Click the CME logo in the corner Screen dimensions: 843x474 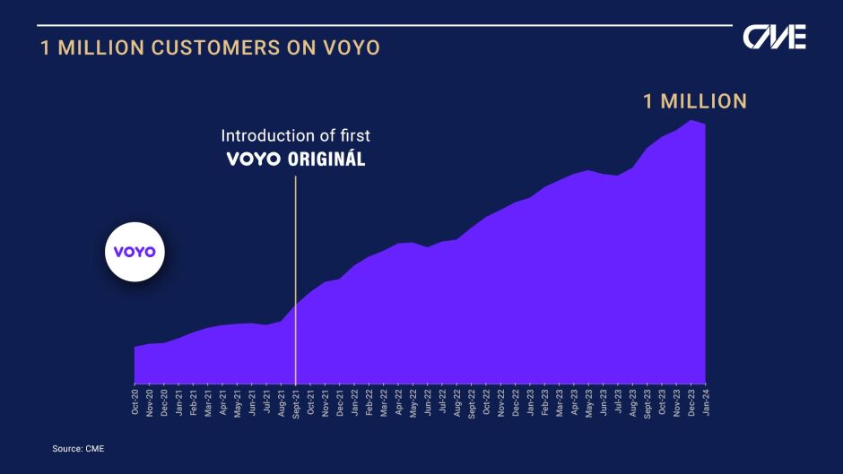[774, 37]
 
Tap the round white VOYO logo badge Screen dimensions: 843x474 [135, 252]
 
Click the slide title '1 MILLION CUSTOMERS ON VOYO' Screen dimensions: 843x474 [211, 47]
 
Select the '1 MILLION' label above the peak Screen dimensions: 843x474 [695, 101]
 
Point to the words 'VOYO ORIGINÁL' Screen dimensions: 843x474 [296, 159]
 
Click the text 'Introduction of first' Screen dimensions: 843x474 [296, 135]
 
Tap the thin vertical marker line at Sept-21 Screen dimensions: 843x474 [295, 280]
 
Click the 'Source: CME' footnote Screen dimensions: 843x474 [78, 449]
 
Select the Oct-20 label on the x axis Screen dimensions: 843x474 [135, 401]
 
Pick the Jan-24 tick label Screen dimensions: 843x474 [706, 401]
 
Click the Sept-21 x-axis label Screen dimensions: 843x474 [296, 403]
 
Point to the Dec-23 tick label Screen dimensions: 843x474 [691, 402]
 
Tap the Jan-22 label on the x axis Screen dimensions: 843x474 [354, 401]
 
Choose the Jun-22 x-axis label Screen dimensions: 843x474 [428, 401]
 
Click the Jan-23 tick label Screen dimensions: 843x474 [530, 401]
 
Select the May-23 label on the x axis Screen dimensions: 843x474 [588, 402]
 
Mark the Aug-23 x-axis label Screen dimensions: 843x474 [633, 402]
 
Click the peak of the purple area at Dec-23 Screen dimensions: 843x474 [691, 120]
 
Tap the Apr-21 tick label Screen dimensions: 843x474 [222, 402]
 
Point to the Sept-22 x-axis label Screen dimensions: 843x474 [472, 403]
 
